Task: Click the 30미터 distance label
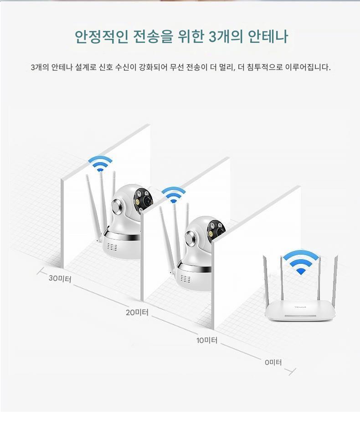[60, 278]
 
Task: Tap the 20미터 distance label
[137, 312]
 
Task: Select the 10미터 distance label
[207, 340]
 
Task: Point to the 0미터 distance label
[273, 362]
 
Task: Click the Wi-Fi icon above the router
[301, 262]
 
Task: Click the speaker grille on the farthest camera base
[112, 247]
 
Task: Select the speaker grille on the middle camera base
[185, 279]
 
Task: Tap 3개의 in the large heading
[226, 36]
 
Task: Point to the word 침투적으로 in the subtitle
[265, 67]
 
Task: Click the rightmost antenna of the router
[335, 281]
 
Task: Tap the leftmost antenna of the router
[266, 281]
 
